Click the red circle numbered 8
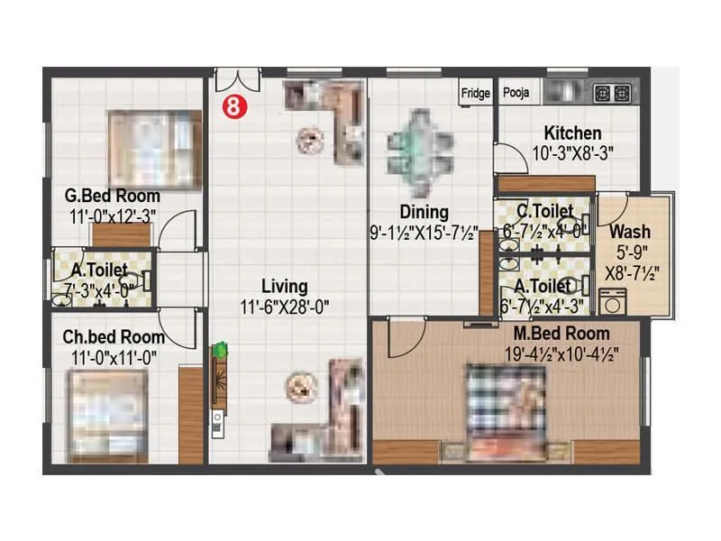point(233,105)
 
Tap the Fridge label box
point(475,93)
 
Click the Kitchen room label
point(572,133)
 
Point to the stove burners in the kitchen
point(622,92)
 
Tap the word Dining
point(424,213)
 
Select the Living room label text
point(285,287)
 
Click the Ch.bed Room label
point(114,336)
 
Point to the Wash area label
point(631,230)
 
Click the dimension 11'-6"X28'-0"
point(285,307)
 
